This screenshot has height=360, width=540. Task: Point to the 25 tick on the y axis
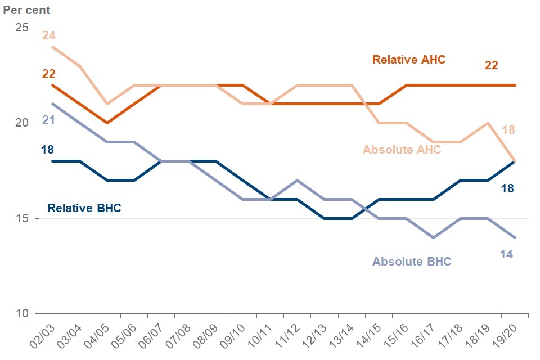22,28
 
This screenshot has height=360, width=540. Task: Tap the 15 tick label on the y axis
22,218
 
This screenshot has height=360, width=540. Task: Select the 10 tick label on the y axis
22,313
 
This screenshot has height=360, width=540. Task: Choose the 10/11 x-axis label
263,336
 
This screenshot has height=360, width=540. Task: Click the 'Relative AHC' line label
409,60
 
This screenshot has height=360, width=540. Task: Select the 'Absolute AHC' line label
402,150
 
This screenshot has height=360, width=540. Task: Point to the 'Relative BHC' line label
84,208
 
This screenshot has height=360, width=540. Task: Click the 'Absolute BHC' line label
412,262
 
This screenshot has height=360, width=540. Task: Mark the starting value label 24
48,35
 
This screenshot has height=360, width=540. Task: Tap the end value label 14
506,254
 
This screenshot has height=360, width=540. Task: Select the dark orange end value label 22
491,65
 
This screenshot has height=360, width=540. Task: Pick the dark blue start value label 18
47,149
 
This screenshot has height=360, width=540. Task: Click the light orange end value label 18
508,130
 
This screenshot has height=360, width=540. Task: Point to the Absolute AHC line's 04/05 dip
107,104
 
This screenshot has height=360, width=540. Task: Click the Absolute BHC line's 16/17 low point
432,237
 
